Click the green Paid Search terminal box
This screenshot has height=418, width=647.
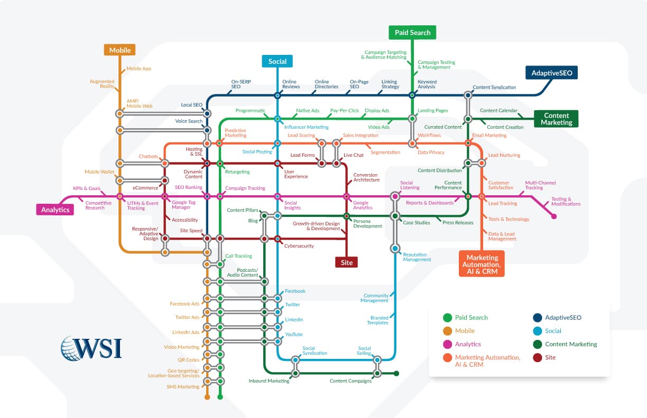tap(412, 32)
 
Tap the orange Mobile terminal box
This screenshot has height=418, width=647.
tap(119, 50)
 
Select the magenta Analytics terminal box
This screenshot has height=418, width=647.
tap(55, 210)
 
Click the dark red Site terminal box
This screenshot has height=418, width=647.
tap(347, 262)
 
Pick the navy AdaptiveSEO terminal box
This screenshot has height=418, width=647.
tap(551, 72)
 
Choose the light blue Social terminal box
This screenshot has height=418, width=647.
tap(277, 61)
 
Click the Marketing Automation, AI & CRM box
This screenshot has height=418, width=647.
tap(481, 264)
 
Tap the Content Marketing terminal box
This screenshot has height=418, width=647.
tap(556, 119)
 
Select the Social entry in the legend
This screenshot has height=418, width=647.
tap(553, 331)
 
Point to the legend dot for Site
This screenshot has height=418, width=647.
tap(538, 357)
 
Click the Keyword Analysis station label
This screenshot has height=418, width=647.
tap(427, 84)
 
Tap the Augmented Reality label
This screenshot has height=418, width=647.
tap(102, 83)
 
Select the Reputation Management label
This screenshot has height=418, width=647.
tap(417, 256)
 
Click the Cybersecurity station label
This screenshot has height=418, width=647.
tap(299, 246)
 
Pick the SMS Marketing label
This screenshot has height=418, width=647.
tap(183, 387)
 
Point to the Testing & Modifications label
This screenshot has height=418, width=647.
tap(566, 202)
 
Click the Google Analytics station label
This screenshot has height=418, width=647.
tap(363, 205)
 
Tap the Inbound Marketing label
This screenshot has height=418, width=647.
tap(269, 381)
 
